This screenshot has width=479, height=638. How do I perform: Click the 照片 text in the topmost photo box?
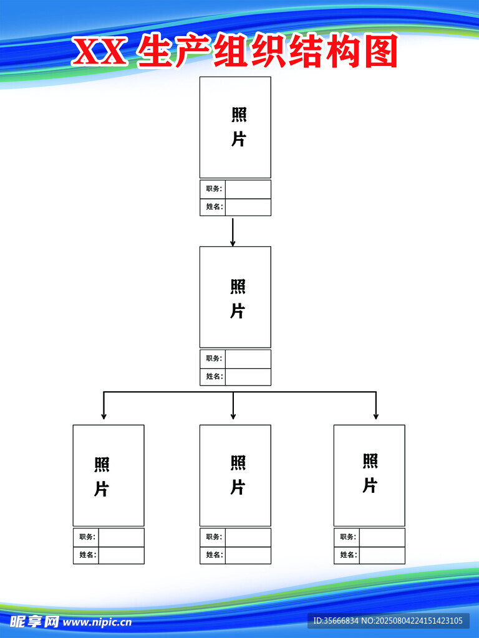[239, 127]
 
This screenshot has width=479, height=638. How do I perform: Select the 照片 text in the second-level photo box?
[238, 298]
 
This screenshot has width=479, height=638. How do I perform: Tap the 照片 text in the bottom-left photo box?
[102, 477]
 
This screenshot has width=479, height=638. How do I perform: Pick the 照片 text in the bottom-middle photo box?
[238, 475]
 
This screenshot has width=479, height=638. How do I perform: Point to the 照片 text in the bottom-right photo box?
[370, 473]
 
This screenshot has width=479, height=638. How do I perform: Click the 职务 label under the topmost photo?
[213, 189]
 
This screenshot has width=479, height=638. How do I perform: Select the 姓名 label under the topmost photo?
[213, 207]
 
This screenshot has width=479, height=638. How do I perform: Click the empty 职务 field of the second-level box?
[248, 359]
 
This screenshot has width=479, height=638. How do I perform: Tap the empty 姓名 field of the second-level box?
[248, 377]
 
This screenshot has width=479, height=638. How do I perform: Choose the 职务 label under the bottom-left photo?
[87, 537]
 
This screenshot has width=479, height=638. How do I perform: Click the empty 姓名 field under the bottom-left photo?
[121, 555]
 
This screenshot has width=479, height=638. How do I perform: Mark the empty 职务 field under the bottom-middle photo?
[248, 537]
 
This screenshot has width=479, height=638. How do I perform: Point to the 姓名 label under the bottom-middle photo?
[213, 555]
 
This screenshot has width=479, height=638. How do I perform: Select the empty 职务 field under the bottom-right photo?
[382, 537]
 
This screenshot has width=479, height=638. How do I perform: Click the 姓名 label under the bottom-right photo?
[347, 555]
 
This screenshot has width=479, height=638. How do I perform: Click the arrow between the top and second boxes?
[233, 232]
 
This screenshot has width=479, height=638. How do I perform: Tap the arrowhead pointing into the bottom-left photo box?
[104, 415]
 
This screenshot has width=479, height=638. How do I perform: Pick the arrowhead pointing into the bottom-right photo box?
[375, 415]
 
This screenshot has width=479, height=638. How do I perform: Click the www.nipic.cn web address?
[97, 622]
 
